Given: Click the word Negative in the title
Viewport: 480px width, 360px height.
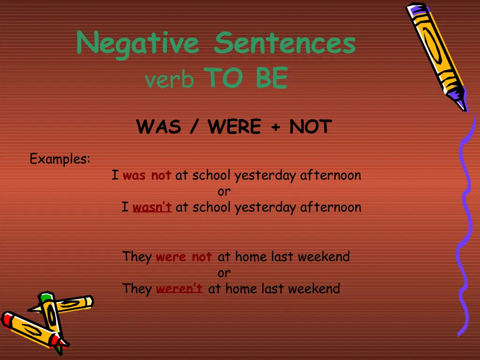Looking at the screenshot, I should point(137,44).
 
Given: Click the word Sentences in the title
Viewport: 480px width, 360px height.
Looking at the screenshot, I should point(285,43).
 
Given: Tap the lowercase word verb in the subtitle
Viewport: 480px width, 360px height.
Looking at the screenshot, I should point(169,80).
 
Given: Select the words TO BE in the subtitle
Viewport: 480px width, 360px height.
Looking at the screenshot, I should point(246,78).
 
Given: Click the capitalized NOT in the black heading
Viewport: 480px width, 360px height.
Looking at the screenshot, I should point(311,127).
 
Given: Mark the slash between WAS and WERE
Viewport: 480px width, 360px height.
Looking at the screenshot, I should point(195,127).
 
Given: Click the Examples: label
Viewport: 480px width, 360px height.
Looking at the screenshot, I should point(60,159).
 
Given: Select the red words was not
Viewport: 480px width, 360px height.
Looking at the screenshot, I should point(147,176).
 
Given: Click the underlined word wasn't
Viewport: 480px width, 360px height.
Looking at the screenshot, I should point(152,207).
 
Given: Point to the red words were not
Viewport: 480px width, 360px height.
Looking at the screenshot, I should point(184,257).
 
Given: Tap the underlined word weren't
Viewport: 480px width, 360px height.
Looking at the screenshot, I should point(179,289).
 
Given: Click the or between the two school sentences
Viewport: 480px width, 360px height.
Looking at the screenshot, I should point(224,192).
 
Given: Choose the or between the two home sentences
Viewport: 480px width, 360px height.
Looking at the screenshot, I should point(224,273).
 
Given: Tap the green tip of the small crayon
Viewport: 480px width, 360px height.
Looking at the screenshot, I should point(45,298).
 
